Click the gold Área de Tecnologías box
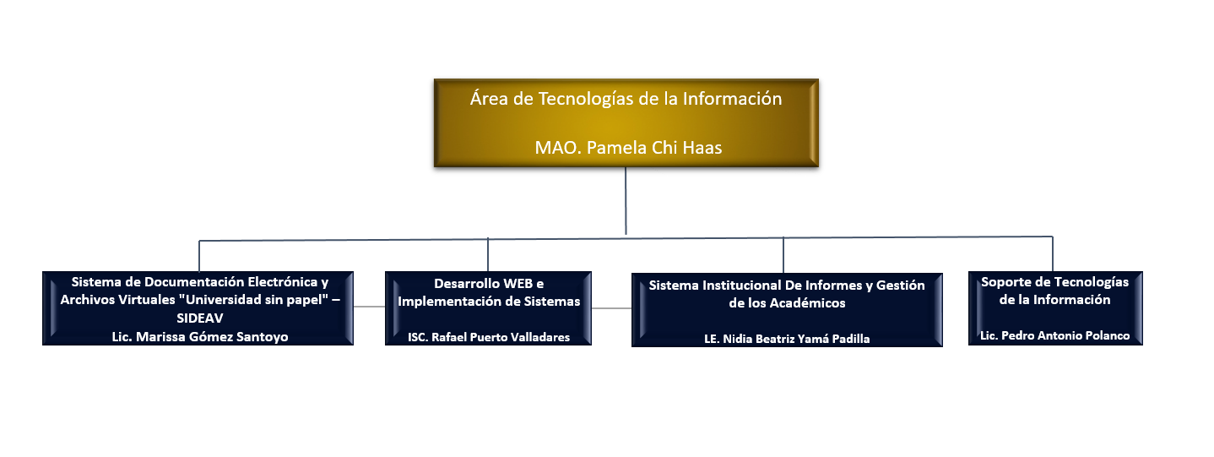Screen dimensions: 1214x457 tap(626, 123)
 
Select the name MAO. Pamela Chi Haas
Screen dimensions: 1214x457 tap(628, 148)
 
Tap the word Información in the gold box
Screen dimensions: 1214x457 tap(732, 99)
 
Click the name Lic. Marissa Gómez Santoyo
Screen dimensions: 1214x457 tap(200, 337)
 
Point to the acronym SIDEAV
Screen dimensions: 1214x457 tap(200, 318)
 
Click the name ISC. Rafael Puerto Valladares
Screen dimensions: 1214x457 tap(489, 337)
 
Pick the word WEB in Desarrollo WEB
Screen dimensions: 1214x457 tap(518, 284)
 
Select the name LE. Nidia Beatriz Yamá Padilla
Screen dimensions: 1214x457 tap(787, 339)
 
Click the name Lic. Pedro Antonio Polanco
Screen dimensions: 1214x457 tap(1054, 335)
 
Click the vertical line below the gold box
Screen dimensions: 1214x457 tap(626, 200)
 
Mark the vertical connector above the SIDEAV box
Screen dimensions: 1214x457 tap(199, 256)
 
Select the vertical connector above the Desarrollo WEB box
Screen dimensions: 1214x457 tap(488, 255)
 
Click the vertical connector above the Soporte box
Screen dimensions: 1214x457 tap(1053, 253)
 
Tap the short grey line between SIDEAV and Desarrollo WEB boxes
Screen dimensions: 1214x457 tap(369, 307)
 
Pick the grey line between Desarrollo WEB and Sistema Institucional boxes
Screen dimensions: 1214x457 tap(611, 308)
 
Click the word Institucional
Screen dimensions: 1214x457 tap(742, 286)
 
